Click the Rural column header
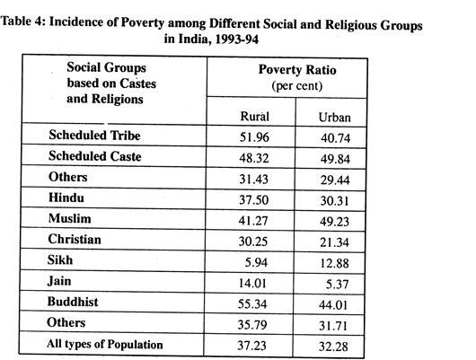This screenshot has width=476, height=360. tap(254, 117)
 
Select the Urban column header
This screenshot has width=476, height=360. tap(334, 118)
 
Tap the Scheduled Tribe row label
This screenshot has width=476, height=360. tap(94, 136)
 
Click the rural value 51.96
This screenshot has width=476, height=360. tap(254, 137)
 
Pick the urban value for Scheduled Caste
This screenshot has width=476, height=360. tap(335, 159)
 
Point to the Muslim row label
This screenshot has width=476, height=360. tap(69, 218)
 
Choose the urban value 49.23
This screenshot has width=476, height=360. tap(334, 222)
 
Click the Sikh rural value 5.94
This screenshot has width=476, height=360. tap(256, 262)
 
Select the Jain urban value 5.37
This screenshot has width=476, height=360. tap(337, 284)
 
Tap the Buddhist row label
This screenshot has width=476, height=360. tap(73, 302)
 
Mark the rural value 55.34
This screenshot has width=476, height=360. tap(252, 303)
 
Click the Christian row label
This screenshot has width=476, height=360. tap(75, 240)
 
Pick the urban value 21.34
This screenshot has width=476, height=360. tap(334, 242)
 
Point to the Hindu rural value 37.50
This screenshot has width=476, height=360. tap(253, 200)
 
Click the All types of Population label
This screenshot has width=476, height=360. tap(105, 344)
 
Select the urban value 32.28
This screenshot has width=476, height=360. tap(333, 347)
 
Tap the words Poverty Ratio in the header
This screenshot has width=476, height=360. tap(297, 70)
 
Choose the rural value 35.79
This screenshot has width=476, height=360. tap(252, 325)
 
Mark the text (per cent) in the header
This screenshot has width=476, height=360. tap(297, 86)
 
